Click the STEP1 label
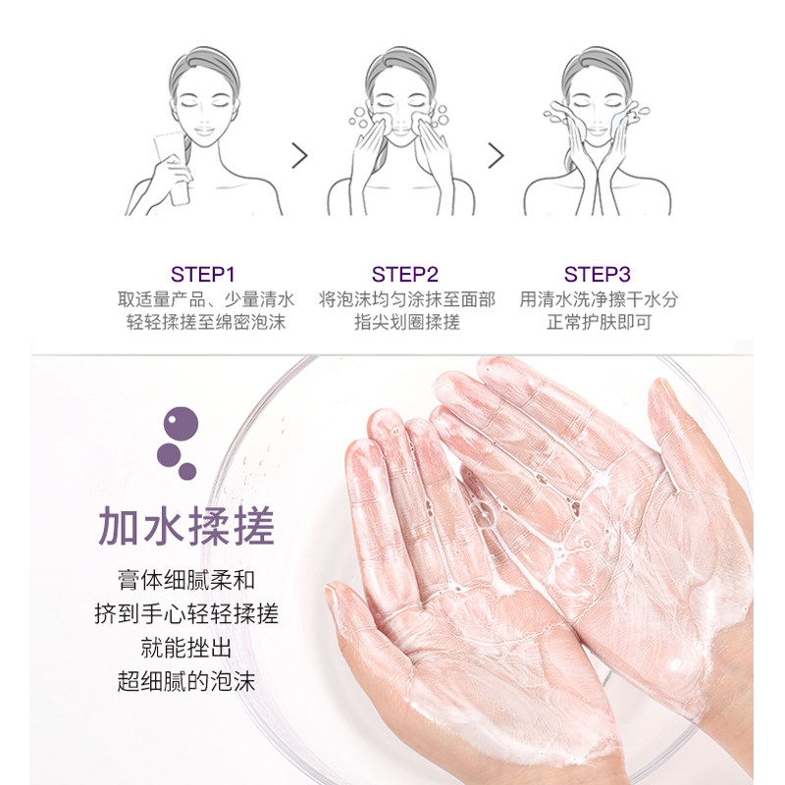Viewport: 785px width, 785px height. click(203, 274)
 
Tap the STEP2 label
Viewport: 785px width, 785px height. click(405, 274)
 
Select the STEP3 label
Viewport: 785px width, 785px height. click(598, 274)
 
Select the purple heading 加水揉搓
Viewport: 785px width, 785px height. click(185, 528)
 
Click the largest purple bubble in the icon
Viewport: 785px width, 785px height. click(182, 424)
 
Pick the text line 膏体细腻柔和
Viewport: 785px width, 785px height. click(185, 580)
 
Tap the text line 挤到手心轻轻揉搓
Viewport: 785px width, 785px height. click(185, 614)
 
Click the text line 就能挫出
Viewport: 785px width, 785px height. click(185, 648)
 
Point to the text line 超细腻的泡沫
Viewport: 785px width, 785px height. click(185, 682)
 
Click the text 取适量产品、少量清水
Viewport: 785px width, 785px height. click(206, 299)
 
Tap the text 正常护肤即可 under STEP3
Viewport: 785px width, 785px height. click(599, 323)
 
